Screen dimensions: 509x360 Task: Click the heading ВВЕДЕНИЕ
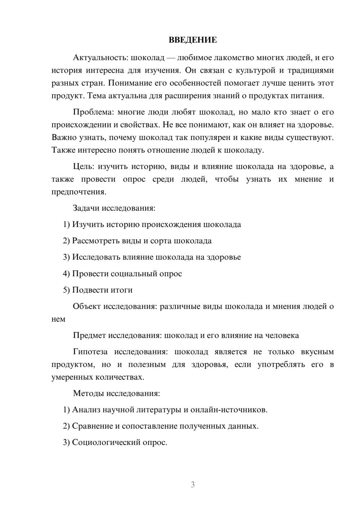click(x=193, y=40)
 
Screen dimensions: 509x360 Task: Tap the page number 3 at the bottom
click(x=193, y=485)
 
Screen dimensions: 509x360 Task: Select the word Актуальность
click(x=100, y=58)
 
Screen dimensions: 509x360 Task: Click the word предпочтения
click(x=78, y=192)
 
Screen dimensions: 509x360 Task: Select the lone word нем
click(x=58, y=319)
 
